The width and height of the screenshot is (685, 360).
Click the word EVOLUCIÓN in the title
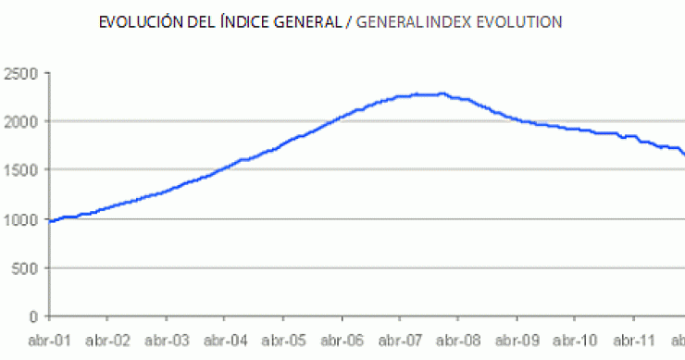point(134,21)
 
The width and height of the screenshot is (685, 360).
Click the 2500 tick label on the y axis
point(20,72)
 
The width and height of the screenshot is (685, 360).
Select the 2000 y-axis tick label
point(20,121)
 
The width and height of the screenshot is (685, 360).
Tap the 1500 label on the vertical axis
point(20,170)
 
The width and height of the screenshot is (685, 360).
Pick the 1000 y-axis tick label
point(20,219)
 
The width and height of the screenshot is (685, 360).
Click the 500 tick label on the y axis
point(25,268)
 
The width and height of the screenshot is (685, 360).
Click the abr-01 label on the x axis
point(49,340)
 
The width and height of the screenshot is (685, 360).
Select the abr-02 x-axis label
point(108,340)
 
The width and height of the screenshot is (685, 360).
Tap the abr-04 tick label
point(224,340)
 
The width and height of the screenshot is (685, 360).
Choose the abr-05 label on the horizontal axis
point(282,340)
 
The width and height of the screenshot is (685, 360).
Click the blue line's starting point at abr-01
point(50,222)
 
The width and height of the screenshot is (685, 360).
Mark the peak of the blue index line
point(442,93)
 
